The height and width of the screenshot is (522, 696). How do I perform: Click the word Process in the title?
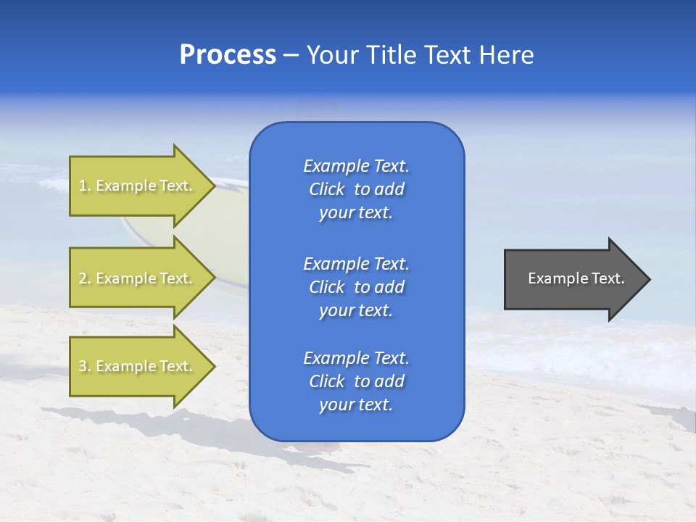click(228, 56)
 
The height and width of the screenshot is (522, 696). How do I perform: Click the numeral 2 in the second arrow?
click(83, 278)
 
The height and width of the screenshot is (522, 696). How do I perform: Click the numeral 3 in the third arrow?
click(83, 367)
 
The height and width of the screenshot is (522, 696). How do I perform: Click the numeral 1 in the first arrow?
click(83, 186)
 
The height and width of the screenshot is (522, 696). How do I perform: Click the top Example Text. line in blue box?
click(356, 166)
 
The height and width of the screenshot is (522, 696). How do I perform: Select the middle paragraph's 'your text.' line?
click(356, 310)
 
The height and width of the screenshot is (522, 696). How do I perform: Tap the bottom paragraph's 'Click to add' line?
click(356, 381)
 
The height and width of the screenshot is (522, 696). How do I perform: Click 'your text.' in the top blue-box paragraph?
click(356, 212)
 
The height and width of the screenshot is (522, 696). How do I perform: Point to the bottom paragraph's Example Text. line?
click(356, 358)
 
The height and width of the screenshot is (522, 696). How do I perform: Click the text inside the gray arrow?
click(576, 278)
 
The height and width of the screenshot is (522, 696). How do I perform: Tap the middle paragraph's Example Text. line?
click(356, 264)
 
